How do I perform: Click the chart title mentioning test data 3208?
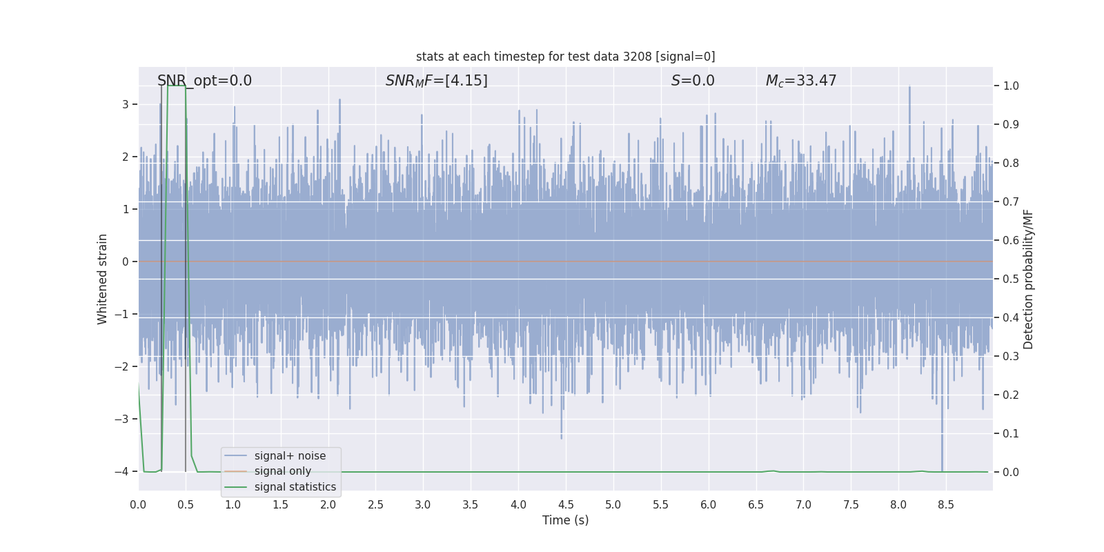pos(565,57)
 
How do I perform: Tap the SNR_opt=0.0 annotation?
pos(204,81)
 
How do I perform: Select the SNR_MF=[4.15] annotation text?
pos(436,81)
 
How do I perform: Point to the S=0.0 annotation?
pos(693,81)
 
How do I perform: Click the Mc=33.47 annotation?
pos(800,81)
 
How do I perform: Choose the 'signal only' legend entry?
pos(282,471)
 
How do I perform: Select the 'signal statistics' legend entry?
pos(295,487)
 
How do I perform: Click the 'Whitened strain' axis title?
pos(103,279)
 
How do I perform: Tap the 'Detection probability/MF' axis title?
pos(1028,279)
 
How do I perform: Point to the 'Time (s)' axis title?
pos(565,520)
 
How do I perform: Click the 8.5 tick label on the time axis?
pos(945,505)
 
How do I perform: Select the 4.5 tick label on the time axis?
pos(565,505)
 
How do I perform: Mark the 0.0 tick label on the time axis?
pos(138,505)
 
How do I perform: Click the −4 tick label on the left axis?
pos(121,472)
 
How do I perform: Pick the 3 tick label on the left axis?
pos(126,105)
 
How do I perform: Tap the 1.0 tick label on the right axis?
pos(1011,86)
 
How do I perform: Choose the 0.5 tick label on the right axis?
pos(1011,279)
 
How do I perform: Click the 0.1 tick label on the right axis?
pos(1011,434)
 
